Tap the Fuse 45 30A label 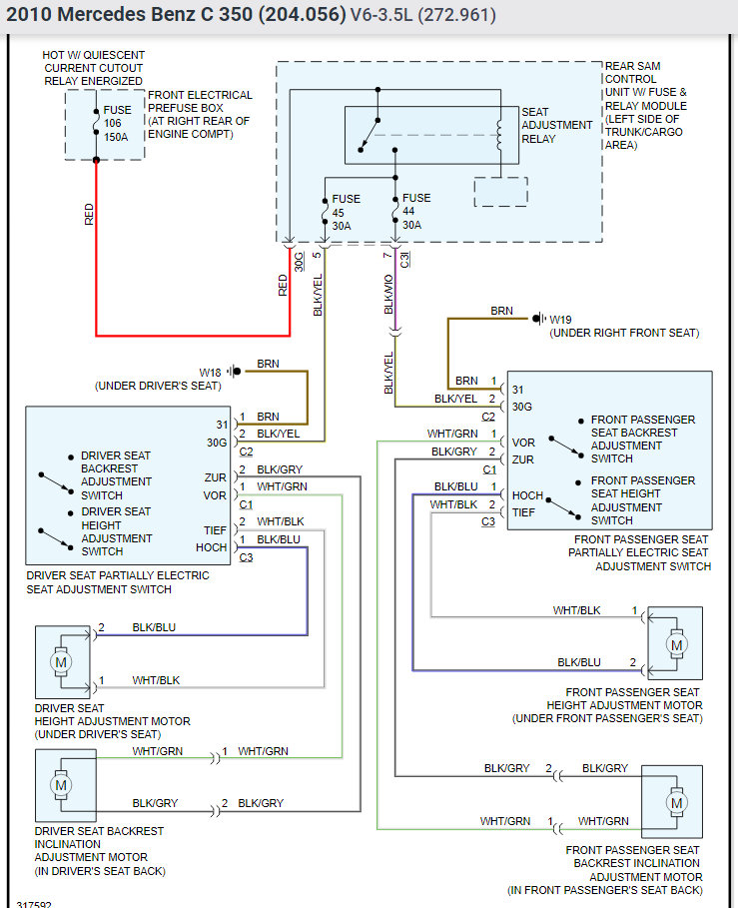pyautogui.click(x=346, y=212)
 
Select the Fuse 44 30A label pyautogui.click(x=416, y=212)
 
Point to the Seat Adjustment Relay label pyautogui.click(x=556, y=125)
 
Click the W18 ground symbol pyautogui.click(x=235, y=372)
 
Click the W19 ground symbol pyautogui.click(x=539, y=319)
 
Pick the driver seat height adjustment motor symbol pyautogui.click(x=61, y=662)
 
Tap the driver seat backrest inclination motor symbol pyautogui.click(x=61, y=784)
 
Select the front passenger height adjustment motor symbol pyautogui.click(x=677, y=644)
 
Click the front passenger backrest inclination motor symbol pyautogui.click(x=677, y=802)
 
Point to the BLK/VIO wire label pyautogui.click(x=388, y=297)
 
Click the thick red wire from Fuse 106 pyautogui.click(x=96, y=260)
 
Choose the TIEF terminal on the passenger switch pyautogui.click(x=523, y=512)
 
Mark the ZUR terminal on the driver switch pyautogui.click(x=215, y=478)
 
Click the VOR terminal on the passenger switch pyautogui.click(x=523, y=442)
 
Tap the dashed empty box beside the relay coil pyautogui.click(x=500, y=192)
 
